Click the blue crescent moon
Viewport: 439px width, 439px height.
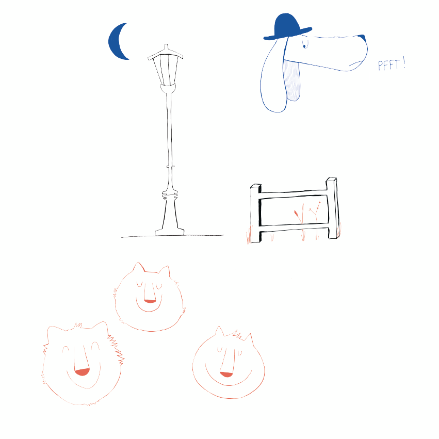[116, 42]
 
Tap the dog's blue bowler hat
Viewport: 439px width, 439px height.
[287, 27]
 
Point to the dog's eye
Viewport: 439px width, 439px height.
[305, 45]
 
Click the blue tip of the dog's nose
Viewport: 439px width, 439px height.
[362, 37]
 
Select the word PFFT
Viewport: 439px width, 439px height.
[388, 66]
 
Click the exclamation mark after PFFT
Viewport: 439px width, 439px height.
[404, 63]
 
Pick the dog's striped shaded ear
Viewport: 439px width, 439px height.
[292, 80]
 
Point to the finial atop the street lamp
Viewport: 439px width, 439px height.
[166, 47]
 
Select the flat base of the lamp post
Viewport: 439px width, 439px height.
[170, 232]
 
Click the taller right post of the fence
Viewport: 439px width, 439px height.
[333, 208]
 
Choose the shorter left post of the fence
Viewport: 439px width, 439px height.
[256, 214]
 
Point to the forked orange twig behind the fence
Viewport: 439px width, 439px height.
[316, 213]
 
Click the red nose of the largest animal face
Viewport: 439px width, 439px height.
[82, 372]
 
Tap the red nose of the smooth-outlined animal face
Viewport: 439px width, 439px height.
[226, 375]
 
